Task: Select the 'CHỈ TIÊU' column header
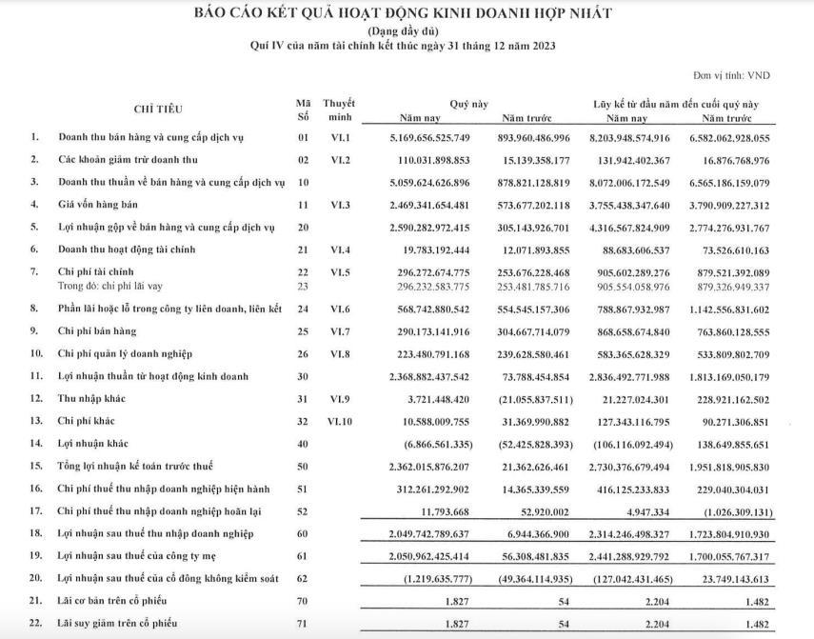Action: [x=158, y=110]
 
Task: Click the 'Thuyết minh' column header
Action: [x=338, y=110]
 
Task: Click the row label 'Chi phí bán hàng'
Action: [x=98, y=330]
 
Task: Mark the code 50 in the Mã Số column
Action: [x=304, y=466]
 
